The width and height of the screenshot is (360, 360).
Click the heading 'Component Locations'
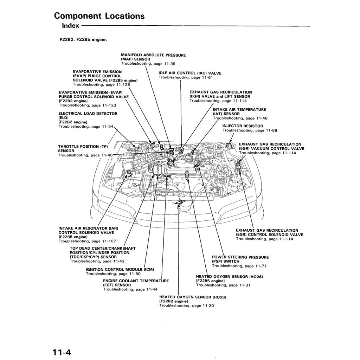coord(99,16)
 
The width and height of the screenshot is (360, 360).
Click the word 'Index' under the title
coord(70,26)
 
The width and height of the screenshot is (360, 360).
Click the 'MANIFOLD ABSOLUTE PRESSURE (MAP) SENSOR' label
coord(153,57)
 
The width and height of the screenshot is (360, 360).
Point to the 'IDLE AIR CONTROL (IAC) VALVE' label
coord(190,73)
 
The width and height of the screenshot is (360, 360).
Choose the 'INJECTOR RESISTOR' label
coord(243,126)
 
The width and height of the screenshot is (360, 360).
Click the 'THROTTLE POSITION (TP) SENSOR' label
coord(83,148)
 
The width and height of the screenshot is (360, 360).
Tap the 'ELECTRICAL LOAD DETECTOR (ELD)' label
coord(88,116)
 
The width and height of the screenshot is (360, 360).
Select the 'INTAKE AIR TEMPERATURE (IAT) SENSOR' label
coord(239,112)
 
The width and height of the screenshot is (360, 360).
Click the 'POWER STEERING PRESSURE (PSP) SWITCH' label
coord(240,259)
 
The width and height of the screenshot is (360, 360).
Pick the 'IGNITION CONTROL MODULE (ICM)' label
coord(120,269)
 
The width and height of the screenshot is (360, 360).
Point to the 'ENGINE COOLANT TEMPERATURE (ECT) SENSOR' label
coord(136,283)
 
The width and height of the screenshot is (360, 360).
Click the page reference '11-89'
coord(271,130)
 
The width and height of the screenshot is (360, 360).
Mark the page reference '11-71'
coord(261,266)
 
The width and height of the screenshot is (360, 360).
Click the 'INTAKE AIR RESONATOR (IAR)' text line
coord(88,228)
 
